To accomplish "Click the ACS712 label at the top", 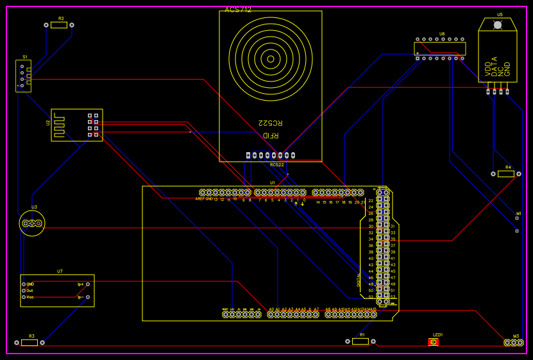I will [238, 10].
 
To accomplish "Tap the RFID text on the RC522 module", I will [271, 135].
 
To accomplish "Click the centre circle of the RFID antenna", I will [271, 60].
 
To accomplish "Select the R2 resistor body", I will [59, 25].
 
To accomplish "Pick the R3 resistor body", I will [30, 343].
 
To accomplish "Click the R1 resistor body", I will [360, 341].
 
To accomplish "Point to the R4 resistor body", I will [505, 174].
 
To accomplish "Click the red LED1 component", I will [434, 342].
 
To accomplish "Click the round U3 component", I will [32, 223].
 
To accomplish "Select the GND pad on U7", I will [24, 284].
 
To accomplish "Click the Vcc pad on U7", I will [24, 297].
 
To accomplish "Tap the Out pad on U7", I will [24, 290].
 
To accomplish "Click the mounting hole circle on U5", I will [497, 25].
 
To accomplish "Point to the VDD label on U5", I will [488, 69].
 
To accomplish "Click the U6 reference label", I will [442, 34].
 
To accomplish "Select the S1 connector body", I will [23, 76].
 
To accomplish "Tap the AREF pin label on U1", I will [199, 199].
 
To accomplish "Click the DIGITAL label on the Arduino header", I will [359, 280].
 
